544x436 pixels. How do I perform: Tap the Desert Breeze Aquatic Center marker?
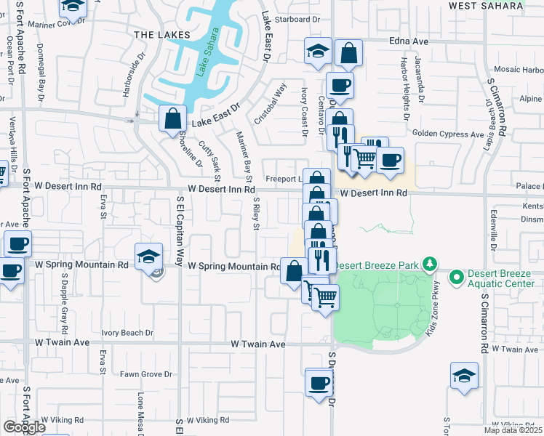(x=456, y=277)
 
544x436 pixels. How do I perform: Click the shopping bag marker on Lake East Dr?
(x=173, y=118)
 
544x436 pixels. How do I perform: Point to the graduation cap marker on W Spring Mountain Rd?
(x=148, y=257)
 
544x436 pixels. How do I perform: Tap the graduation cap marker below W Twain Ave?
(x=464, y=376)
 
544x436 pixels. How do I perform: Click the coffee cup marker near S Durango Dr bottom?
(x=318, y=383)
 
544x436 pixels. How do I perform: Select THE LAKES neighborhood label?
(x=162, y=35)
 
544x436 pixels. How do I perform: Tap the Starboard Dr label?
(x=298, y=20)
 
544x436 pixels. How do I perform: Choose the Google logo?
(x=24, y=427)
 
